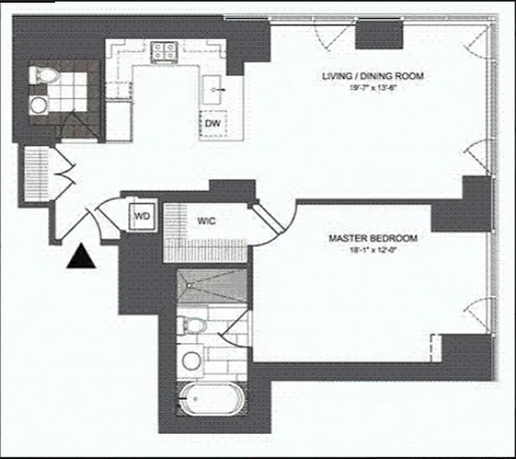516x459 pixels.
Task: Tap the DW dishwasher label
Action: click(x=213, y=123)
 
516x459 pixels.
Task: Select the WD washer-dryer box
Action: click(x=142, y=216)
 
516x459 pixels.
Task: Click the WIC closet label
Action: click(x=207, y=221)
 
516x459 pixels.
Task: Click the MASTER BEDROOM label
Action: click(x=373, y=238)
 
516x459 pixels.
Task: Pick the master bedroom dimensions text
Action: click(x=373, y=250)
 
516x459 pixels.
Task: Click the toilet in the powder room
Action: click(x=44, y=74)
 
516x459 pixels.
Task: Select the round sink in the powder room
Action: click(x=39, y=105)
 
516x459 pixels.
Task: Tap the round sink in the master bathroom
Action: click(x=191, y=361)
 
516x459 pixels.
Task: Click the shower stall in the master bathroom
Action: click(x=211, y=286)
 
